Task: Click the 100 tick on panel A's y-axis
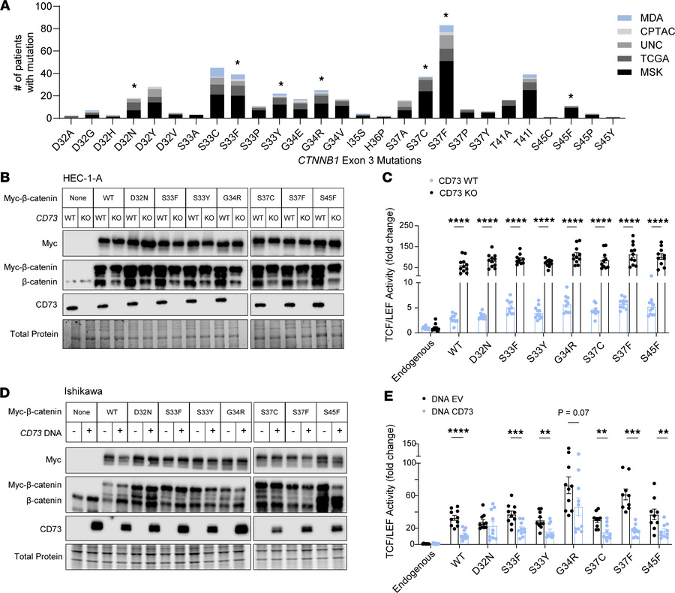[x=49, y=7]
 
